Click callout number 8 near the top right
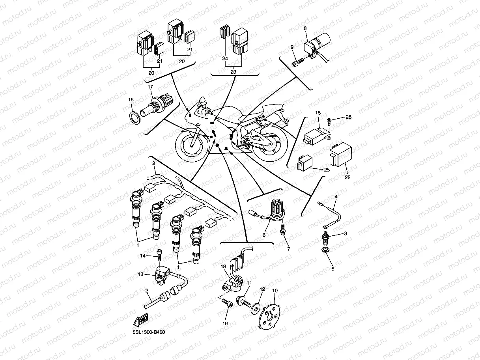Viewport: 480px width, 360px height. tap(305, 29)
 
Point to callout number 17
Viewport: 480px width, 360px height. tap(150, 86)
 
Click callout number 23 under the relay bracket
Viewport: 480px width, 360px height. tap(233, 72)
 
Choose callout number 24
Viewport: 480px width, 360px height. tap(225, 58)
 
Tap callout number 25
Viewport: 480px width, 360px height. tap(326, 170)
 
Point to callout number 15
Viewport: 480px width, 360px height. tap(318, 113)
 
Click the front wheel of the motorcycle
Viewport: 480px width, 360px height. tap(191, 144)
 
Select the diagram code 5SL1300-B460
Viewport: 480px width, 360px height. tap(149, 332)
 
